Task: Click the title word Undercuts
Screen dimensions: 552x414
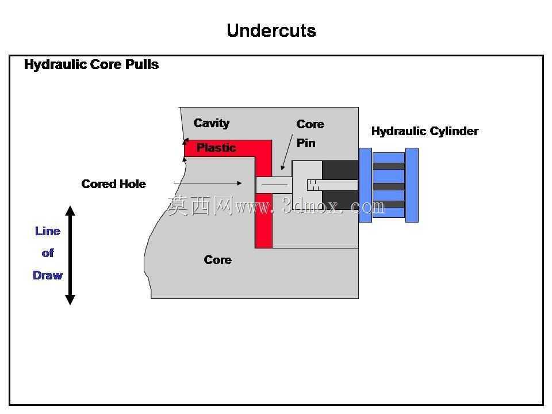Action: point(271,30)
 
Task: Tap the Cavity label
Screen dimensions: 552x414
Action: point(211,123)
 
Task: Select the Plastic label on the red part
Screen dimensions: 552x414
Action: point(216,148)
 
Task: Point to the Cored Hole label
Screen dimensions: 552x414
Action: point(113,184)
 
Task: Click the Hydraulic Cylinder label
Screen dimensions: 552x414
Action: point(425,131)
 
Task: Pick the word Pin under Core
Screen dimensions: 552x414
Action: point(306,143)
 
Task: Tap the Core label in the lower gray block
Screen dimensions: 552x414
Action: point(217,260)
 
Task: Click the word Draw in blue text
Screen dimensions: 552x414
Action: point(48,275)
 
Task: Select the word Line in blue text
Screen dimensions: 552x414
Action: point(48,231)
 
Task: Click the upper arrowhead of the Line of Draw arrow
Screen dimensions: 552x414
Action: point(70,210)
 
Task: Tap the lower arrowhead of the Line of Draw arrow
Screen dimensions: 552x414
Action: point(70,300)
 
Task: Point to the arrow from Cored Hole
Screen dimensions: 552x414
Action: point(208,183)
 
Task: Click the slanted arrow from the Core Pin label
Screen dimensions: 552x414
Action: point(287,152)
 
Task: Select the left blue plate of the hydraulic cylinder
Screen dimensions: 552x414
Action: point(366,185)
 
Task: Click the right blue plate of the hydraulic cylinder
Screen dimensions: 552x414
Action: point(412,185)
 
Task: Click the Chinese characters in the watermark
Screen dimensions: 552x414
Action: point(200,206)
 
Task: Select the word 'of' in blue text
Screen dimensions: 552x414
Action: point(48,253)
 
